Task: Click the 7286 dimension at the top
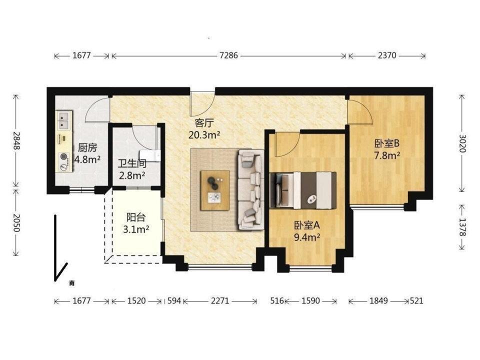click(228, 55)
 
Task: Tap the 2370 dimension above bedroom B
click(387, 55)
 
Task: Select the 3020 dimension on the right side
click(462, 143)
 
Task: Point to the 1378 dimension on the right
click(462, 227)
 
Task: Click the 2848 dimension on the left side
click(16, 140)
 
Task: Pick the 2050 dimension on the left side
click(16, 222)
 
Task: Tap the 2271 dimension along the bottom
click(220, 300)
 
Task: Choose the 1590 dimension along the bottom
click(310, 300)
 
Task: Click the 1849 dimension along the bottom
click(378, 300)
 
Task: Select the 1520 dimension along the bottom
click(136, 300)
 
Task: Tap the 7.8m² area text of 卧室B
click(387, 155)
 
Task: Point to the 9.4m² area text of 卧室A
click(307, 237)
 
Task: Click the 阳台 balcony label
click(136, 217)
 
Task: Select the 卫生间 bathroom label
click(132, 163)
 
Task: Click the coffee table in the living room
click(215, 190)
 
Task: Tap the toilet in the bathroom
click(150, 155)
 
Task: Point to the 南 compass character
click(71, 283)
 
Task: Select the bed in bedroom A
click(303, 190)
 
